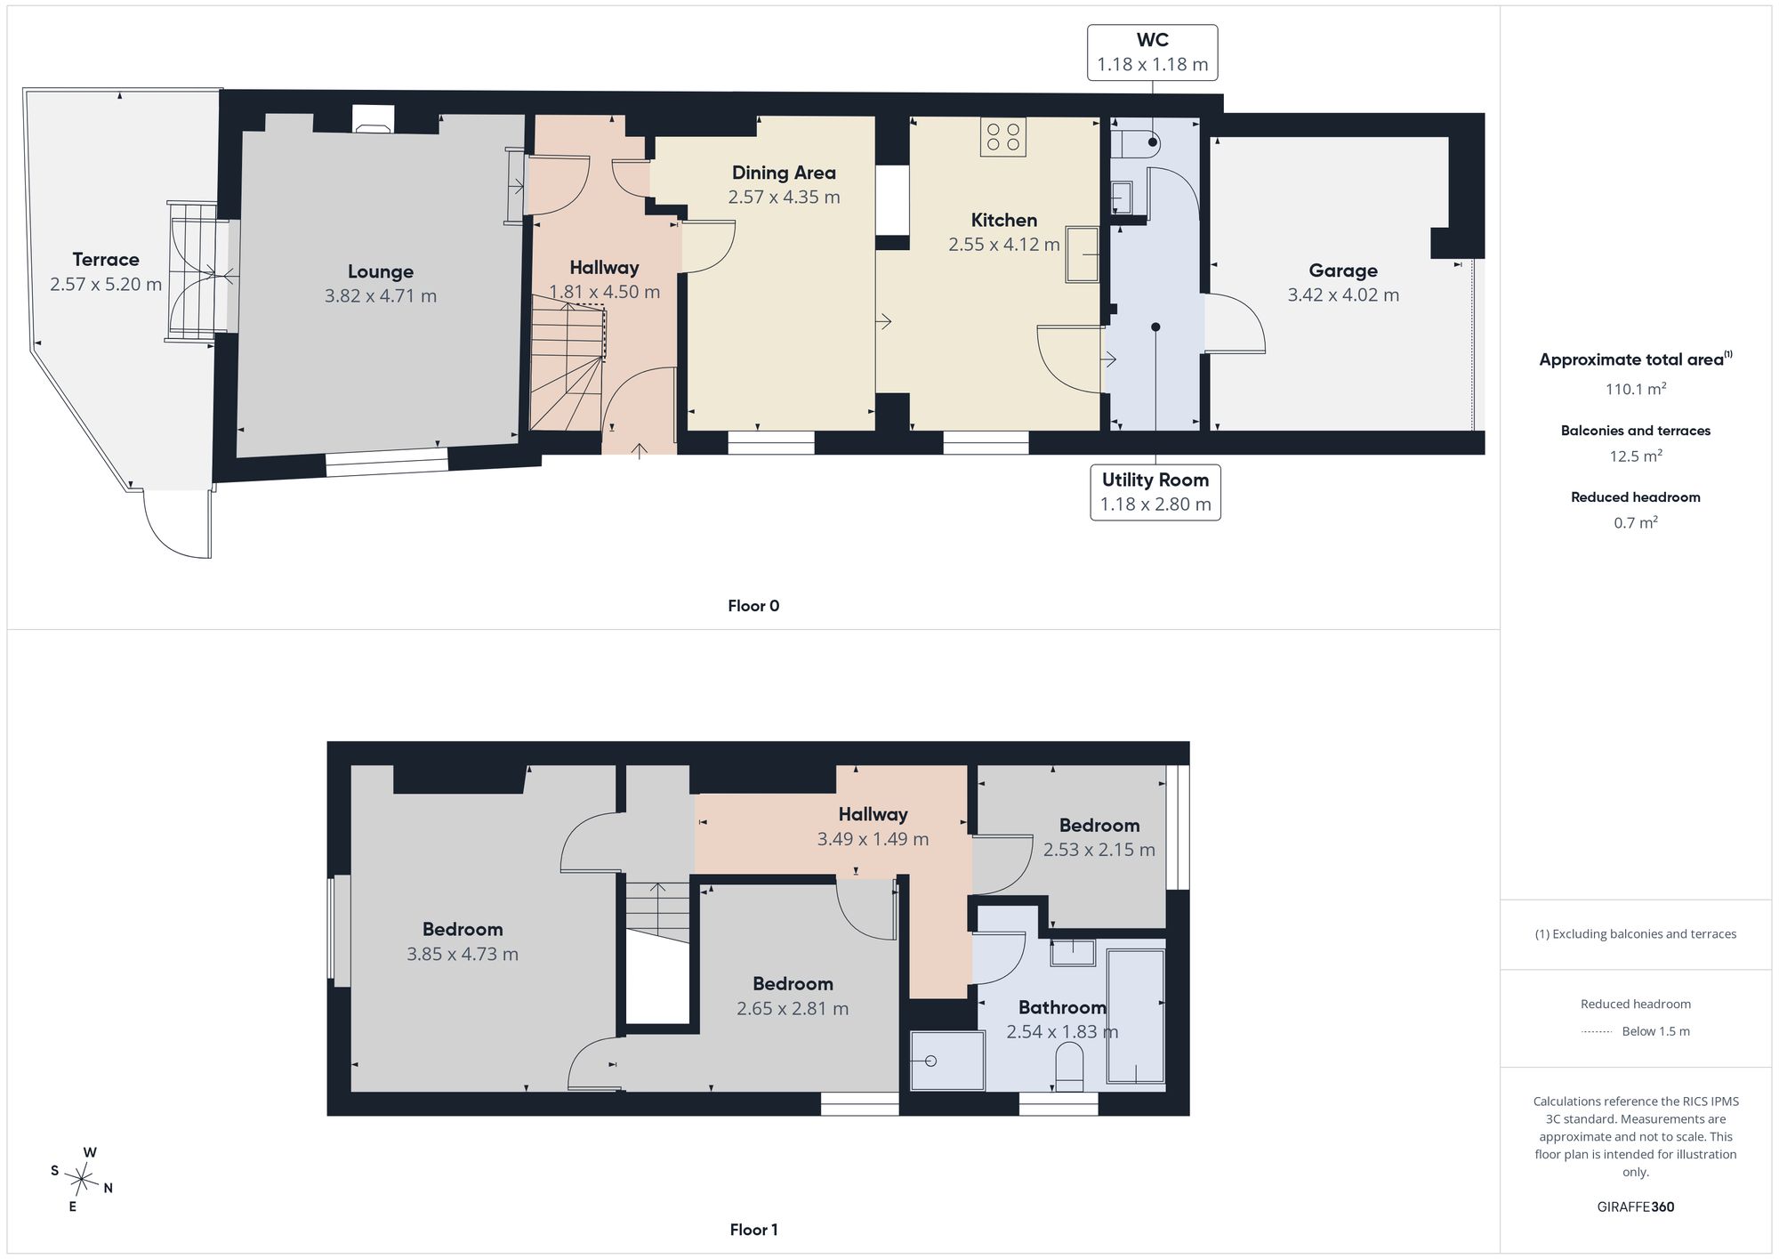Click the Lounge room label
click(381, 272)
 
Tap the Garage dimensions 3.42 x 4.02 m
click(1343, 295)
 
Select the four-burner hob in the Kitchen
click(1003, 137)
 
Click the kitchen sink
click(1083, 254)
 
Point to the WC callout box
click(1153, 52)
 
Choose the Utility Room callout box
click(1155, 492)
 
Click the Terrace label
click(106, 260)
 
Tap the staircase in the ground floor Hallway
click(568, 365)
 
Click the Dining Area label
click(784, 174)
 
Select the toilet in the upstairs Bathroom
click(1068, 1066)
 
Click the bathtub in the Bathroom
click(1136, 1016)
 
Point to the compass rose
click(82, 1180)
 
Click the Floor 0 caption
click(753, 606)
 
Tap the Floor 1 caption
click(753, 1230)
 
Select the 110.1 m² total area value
click(1635, 389)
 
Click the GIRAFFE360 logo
click(1636, 1207)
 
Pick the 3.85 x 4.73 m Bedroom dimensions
click(463, 954)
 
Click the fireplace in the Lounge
click(374, 119)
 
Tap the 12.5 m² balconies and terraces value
click(1636, 456)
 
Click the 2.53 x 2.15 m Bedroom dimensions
click(1099, 850)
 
